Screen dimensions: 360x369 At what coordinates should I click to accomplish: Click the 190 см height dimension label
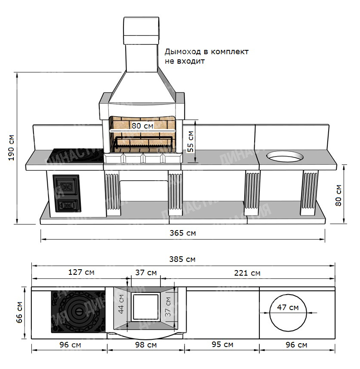coord(11,148)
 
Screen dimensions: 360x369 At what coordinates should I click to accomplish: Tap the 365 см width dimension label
coord(183,233)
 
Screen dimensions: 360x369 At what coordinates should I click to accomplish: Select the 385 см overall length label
coord(182,259)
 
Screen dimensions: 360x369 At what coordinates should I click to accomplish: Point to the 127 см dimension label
coord(81,272)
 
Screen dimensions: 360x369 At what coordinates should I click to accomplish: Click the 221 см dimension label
coord(247,273)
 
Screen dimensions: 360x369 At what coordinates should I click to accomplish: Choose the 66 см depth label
coord(19,312)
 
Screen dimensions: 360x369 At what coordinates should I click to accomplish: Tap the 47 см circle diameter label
coord(288,307)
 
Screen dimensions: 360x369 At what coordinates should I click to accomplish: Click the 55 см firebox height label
coord(191,141)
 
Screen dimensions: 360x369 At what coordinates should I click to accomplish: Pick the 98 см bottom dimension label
coord(146,345)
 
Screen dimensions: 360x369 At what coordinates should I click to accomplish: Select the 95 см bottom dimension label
coord(222,344)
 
